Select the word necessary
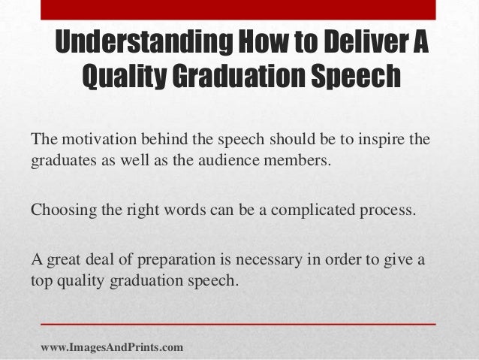249,261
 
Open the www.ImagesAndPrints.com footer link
111,346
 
